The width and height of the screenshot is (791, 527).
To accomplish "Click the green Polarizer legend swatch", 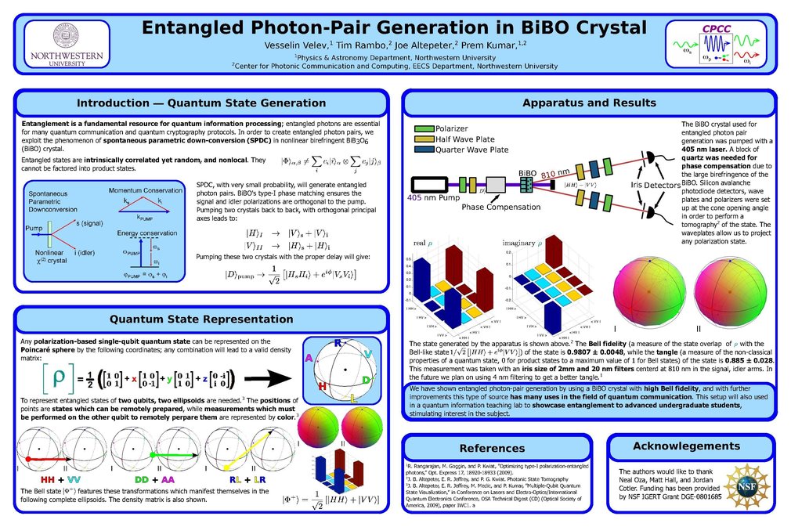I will [424, 128].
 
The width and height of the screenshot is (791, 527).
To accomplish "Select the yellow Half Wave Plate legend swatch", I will [424, 139].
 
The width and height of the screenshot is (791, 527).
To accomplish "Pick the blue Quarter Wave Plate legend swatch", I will [424, 149].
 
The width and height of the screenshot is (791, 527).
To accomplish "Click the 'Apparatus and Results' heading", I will [590, 103].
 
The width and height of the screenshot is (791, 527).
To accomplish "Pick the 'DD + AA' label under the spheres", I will [154, 478].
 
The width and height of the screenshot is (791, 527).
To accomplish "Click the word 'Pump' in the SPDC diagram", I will [34, 228].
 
